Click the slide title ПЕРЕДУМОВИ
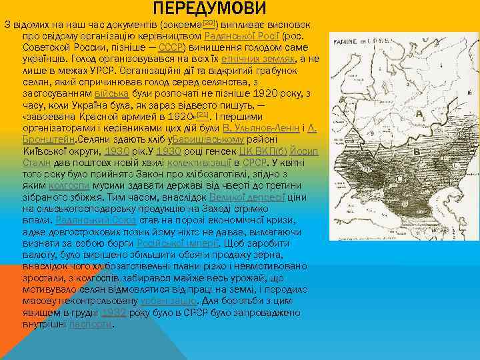[209, 9]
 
